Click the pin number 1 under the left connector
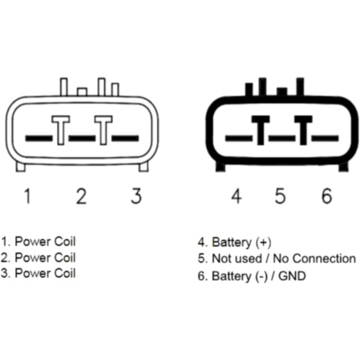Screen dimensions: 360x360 coord(27,196)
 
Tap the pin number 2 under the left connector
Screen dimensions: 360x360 coord(81,196)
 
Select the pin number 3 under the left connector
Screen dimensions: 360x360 coord(136,196)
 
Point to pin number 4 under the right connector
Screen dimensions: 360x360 coord(236,196)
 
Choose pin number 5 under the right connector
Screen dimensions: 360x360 coord(280,196)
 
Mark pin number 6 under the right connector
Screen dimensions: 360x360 coord(326,196)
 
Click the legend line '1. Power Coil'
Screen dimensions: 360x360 coord(38,242)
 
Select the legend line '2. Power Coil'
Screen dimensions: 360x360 coord(38,257)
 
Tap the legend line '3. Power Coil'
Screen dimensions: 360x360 coord(38,273)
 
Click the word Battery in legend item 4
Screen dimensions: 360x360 coord(232,242)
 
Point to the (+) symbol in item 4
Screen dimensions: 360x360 coord(263,242)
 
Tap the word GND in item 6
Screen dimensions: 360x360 coord(292,276)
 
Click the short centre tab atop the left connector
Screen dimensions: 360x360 coord(82,92)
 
